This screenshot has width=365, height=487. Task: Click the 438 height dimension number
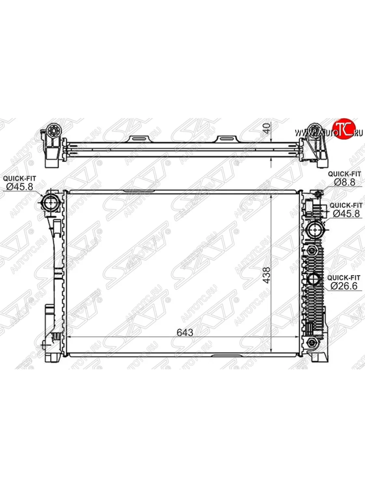[x=266, y=275]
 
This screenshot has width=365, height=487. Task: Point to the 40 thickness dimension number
[x=267, y=128]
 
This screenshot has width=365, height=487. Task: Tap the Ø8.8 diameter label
[x=345, y=182]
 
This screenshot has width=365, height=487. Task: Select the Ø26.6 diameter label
[x=344, y=286]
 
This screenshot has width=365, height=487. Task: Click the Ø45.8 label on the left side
[x=19, y=187]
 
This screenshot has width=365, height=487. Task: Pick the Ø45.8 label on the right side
[x=346, y=213]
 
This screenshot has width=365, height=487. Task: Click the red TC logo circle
[x=344, y=129]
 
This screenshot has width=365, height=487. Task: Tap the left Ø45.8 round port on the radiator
[x=51, y=203]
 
